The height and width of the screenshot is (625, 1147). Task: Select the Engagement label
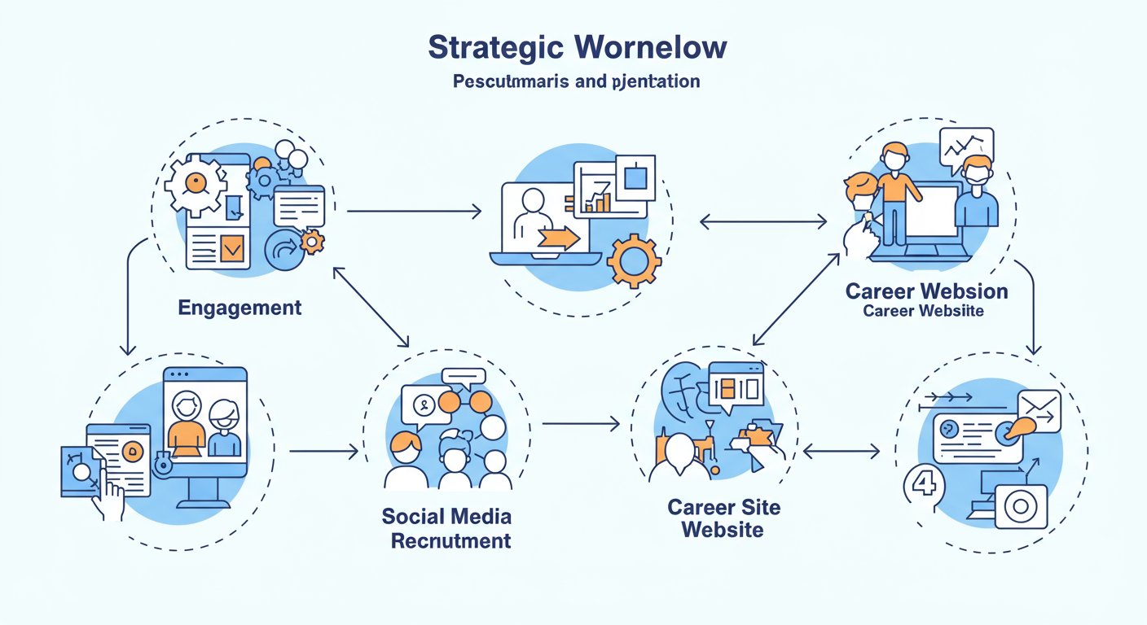coord(240,308)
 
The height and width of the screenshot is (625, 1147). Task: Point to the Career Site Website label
coord(723,518)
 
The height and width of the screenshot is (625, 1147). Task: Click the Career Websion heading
coord(926,291)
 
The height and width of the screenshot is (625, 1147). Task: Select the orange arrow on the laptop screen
coord(559,238)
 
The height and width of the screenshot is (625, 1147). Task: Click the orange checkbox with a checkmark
coord(234,250)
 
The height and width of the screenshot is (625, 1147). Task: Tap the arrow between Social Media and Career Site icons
coord(580,424)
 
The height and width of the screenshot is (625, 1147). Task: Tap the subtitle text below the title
coord(576,82)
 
